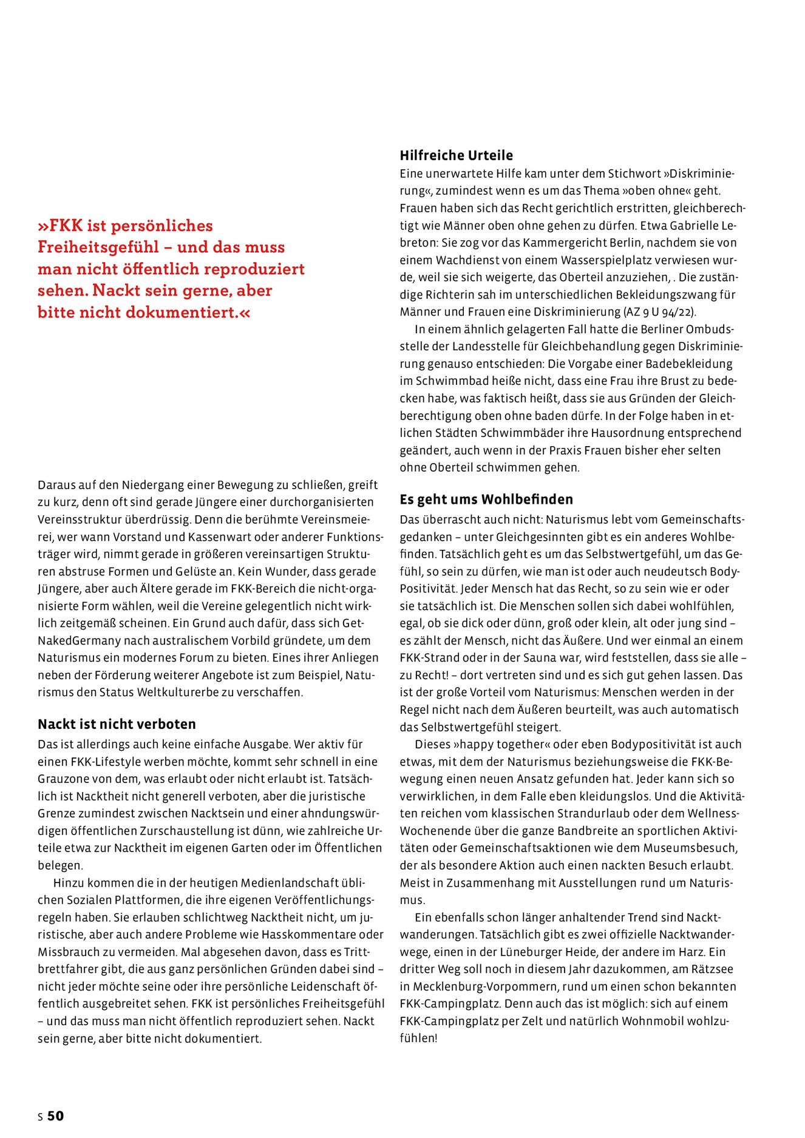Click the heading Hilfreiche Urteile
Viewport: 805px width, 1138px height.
tap(456, 155)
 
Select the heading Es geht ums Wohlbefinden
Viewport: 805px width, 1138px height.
tap(486, 500)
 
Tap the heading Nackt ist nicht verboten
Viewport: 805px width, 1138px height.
tap(117, 724)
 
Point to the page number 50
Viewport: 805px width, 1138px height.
tap(55, 1116)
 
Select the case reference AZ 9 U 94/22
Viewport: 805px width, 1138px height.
tap(659, 312)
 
